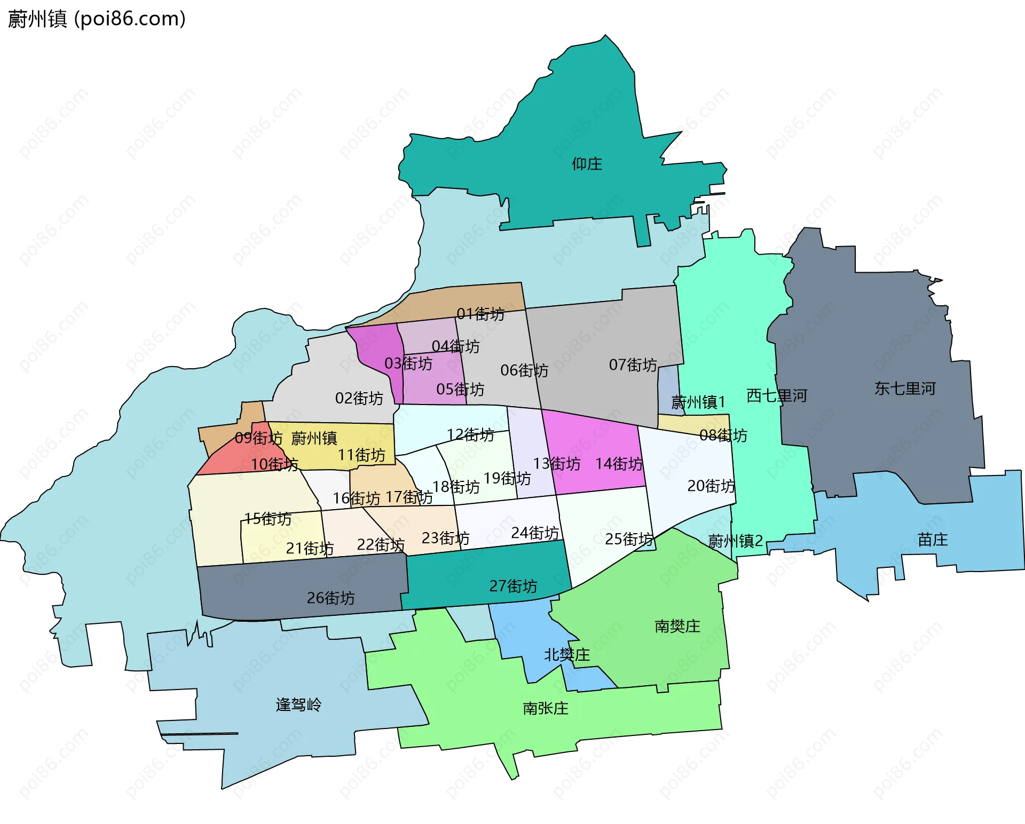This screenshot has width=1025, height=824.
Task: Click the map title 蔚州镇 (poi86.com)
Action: coord(97,19)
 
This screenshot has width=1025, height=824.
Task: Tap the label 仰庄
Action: coord(587,164)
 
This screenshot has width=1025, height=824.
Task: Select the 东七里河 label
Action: coord(905,389)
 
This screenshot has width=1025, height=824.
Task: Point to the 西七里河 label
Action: coord(776,395)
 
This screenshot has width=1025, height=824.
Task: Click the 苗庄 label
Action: coord(933,540)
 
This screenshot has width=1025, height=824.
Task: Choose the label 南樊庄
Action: coord(677,626)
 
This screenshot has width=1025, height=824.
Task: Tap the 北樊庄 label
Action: coord(566,655)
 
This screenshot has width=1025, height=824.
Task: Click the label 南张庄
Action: coord(545,708)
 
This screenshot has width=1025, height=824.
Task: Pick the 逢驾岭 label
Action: coord(298,705)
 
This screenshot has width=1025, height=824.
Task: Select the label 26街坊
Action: coord(330,598)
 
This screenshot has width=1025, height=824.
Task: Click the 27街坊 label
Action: coord(513,586)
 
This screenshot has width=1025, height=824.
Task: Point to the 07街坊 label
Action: coord(633,365)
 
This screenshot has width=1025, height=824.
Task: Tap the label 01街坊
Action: coord(480,314)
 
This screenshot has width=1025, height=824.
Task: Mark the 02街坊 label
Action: coord(359,398)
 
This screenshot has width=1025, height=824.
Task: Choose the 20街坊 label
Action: coord(711,486)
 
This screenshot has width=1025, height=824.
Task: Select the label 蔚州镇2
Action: coord(735,541)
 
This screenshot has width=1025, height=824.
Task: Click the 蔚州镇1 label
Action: coord(698,402)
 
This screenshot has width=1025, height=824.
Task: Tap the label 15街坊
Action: coord(267,519)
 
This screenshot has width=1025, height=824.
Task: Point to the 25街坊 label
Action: coord(628,539)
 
